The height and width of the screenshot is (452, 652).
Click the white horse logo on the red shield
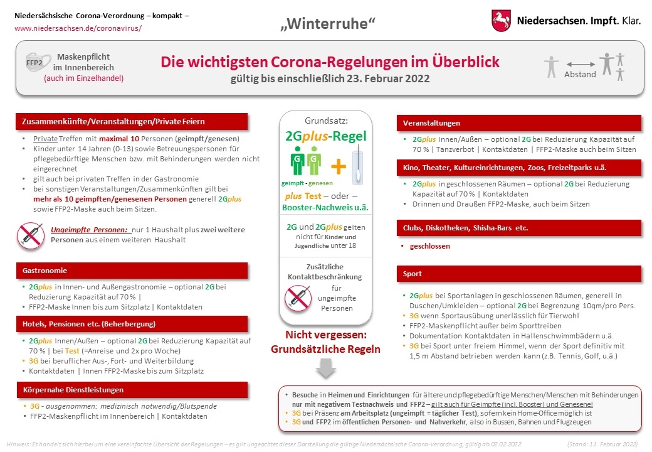(x=500, y=21)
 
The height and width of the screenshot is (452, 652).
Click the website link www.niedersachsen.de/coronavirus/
(x=78, y=28)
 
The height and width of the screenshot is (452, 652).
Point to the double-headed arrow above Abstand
(x=580, y=64)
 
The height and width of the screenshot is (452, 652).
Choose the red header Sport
(x=413, y=274)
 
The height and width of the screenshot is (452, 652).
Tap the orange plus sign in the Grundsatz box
(x=339, y=166)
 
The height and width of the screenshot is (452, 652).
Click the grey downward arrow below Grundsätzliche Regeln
(x=325, y=367)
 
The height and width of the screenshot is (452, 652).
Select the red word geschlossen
(x=429, y=247)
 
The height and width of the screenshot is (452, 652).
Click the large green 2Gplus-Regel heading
(x=325, y=136)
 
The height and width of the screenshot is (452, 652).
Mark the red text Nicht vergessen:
(x=325, y=335)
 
